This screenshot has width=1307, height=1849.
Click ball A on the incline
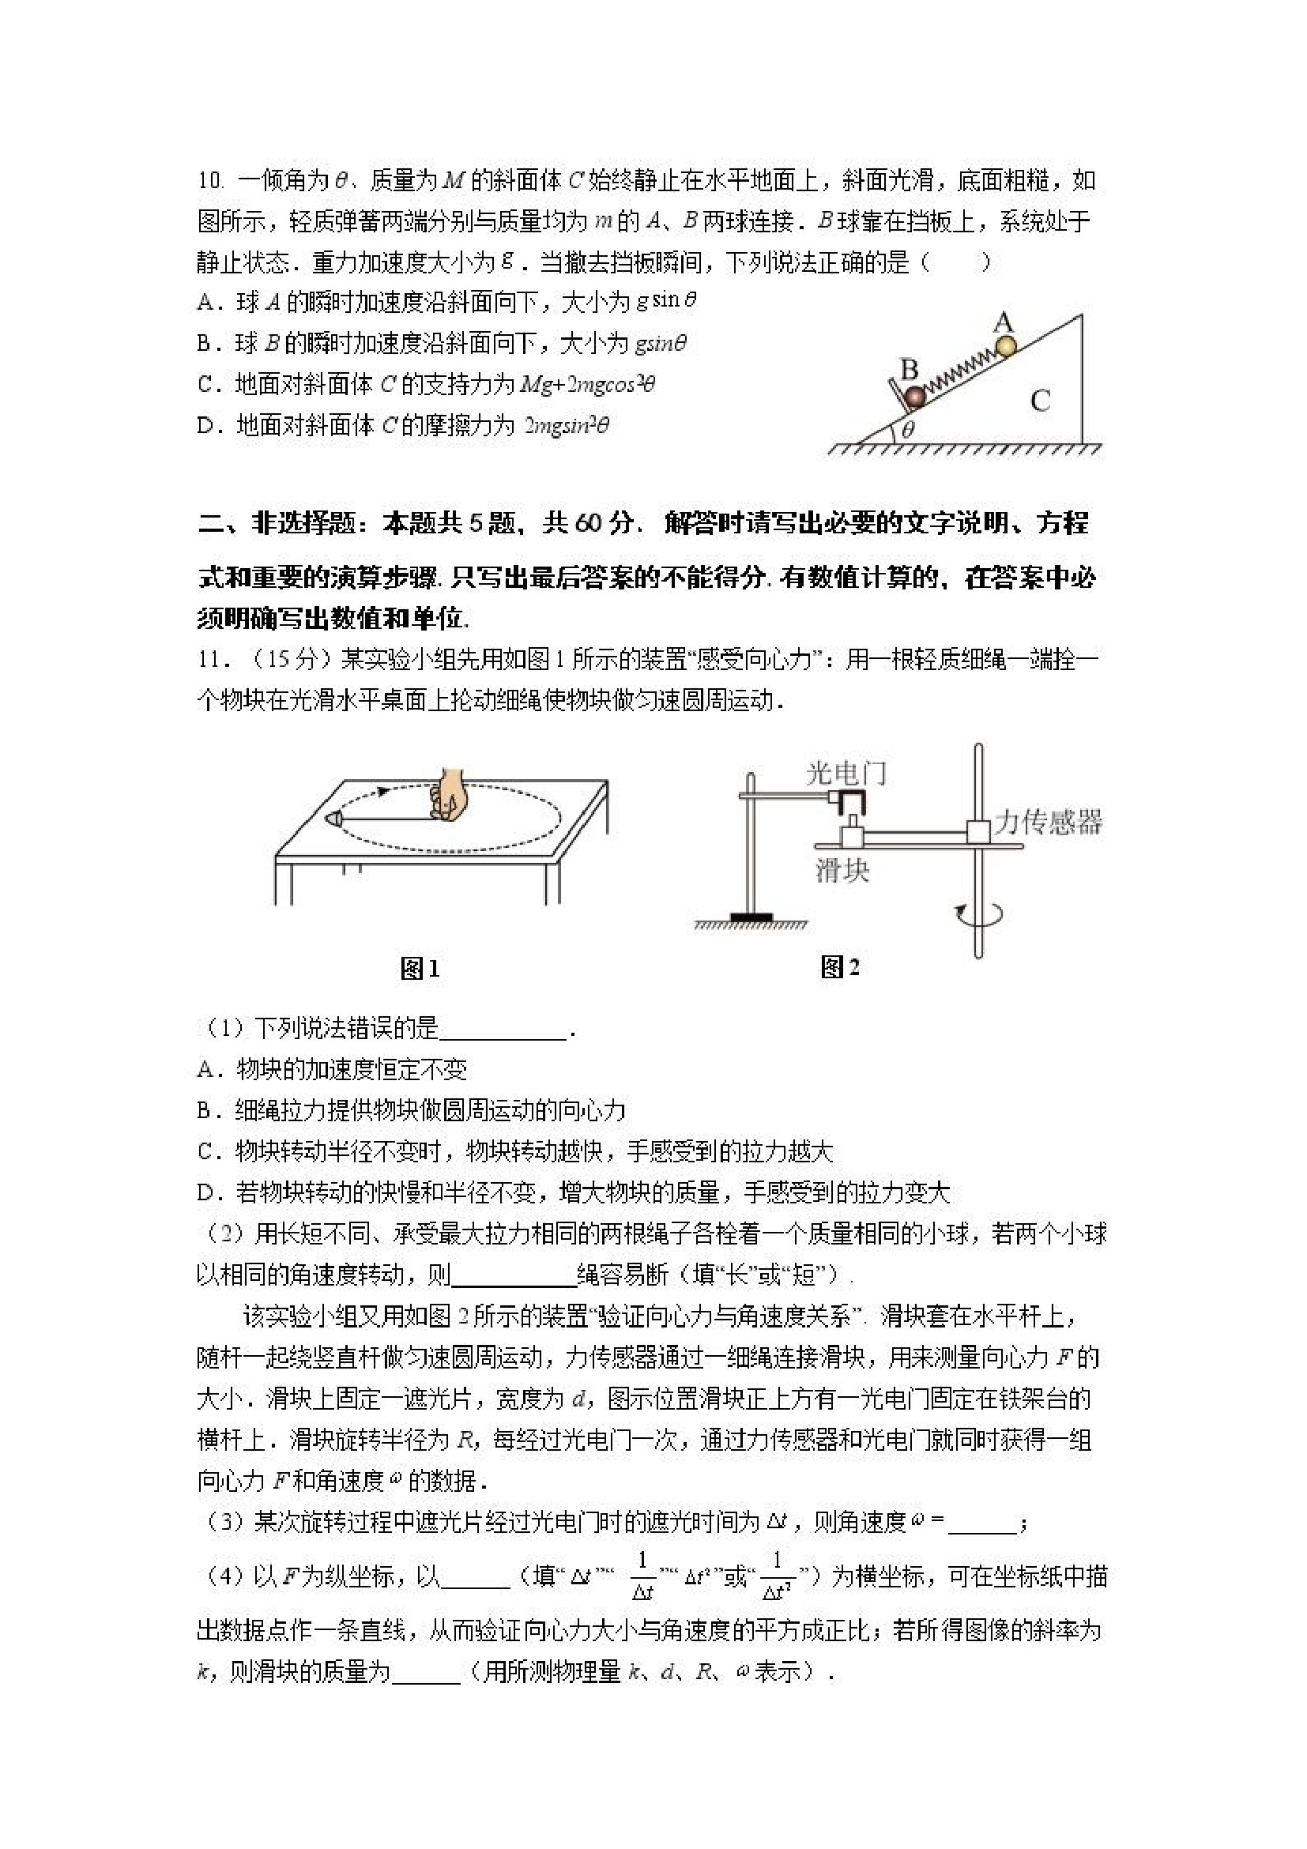[1007, 345]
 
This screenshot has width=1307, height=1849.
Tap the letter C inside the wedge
[1040, 401]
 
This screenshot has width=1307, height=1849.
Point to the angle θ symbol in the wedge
[909, 430]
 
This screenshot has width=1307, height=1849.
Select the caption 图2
[839, 967]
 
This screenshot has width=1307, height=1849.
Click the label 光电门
[846, 774]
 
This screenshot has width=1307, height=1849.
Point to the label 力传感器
[1048, 823]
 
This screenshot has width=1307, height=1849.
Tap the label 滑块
[842, 871]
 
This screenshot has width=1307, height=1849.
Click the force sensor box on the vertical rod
[979, 832]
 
